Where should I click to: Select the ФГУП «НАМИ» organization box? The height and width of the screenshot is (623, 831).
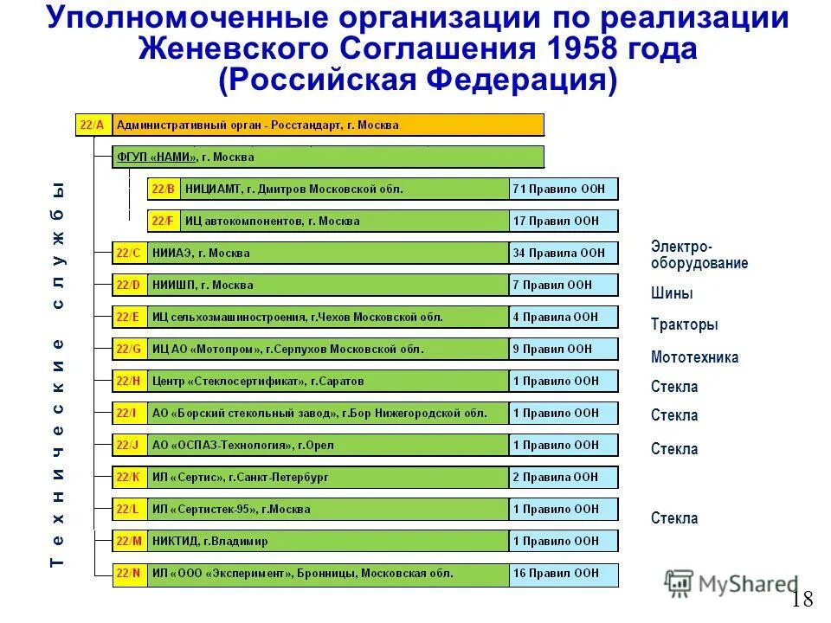point(329,157)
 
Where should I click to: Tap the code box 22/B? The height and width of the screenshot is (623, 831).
point(164,189)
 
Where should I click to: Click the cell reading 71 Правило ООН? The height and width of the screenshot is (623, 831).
point(564,189)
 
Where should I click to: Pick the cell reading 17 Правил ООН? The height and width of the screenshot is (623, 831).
point(564,221)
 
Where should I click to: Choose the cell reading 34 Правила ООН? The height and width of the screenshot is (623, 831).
point(564,253)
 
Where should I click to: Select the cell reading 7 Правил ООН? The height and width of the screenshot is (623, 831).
point(564,285)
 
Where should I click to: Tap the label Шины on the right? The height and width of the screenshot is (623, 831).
point(672,293)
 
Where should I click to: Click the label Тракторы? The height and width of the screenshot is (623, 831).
point(685,325)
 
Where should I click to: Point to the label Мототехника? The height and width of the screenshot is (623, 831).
point(695,357)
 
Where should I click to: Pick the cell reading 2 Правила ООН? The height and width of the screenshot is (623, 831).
point(564,477)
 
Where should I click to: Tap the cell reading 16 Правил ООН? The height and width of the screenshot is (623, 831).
point(564,573)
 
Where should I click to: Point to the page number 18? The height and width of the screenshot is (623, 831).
point(803,600)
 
